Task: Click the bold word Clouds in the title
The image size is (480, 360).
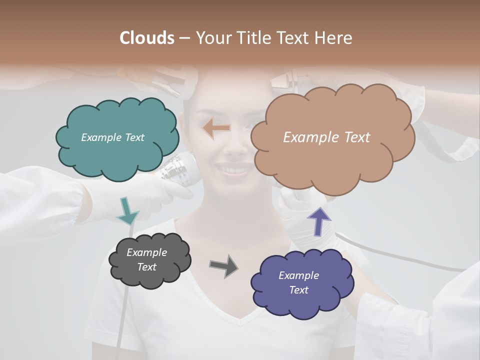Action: (147, 38)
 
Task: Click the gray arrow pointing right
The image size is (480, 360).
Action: (223, 265)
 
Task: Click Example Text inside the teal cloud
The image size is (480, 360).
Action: (112, 137)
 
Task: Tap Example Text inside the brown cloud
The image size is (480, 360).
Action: (326, 137)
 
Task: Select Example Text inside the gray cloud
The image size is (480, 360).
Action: (146, 259)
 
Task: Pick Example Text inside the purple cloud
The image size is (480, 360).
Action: (298, 282)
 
